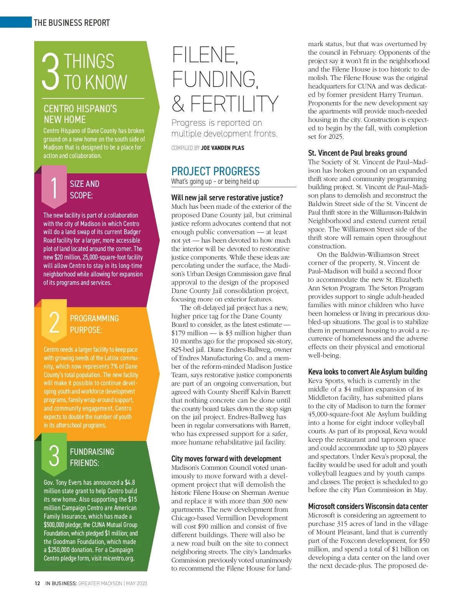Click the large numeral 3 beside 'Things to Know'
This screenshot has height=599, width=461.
pos(51,72)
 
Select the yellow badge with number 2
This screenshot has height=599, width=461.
pos(54,322)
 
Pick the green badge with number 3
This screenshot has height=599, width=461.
pos(54,456)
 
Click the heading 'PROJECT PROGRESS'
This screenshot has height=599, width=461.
pos(216,171)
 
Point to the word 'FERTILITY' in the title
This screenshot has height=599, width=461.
pos(234,104)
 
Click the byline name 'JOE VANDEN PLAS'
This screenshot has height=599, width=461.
pos(222,148)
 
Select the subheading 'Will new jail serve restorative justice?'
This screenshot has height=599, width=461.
pos(227,198)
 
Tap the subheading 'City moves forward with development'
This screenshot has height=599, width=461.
pos(226,459)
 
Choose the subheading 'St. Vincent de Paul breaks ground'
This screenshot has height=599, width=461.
pos(357,153)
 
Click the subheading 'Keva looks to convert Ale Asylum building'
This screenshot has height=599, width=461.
pos(368,372)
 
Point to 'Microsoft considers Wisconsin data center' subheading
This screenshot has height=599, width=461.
pos(368,506)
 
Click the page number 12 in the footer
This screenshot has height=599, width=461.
pos(37,583)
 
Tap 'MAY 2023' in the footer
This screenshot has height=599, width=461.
pos(136,583)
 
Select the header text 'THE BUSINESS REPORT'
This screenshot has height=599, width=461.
pos(72,23)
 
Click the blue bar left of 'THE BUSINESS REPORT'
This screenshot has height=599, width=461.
pos(16,22)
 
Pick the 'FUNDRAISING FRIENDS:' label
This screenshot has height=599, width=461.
pos(92,457)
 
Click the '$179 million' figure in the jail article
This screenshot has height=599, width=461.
pos(189,333)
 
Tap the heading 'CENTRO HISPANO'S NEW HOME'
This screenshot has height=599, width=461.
pos(80,114)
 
